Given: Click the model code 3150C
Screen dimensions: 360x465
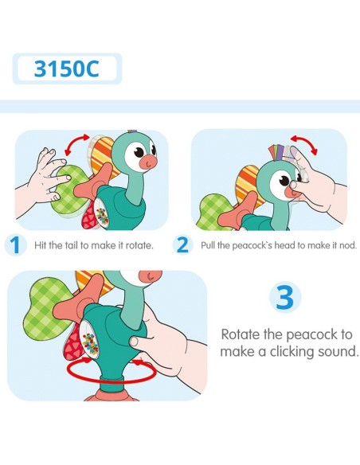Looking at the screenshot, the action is click(66, 68).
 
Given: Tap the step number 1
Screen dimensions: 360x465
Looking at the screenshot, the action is click(14, 245).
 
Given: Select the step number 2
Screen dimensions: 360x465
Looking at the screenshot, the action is click(182, 245).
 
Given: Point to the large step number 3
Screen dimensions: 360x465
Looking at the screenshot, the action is click(285, 297).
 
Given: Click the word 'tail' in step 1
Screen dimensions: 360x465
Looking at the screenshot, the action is click(73, 245).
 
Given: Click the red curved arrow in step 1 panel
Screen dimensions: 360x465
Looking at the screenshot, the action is click(76, 143).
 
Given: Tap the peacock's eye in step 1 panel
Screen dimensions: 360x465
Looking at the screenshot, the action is click(139, 153).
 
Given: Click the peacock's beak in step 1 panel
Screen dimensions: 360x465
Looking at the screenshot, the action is click(151, 162).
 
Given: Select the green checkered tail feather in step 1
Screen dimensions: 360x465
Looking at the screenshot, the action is click(68, 190).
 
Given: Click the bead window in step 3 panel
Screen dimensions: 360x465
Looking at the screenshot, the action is click(91, 340).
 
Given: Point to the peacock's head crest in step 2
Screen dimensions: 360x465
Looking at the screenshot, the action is click(280, 152).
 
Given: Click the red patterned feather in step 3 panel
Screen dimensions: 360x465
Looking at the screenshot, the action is click(72, 344).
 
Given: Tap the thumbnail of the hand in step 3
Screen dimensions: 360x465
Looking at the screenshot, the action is click(134, 342).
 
